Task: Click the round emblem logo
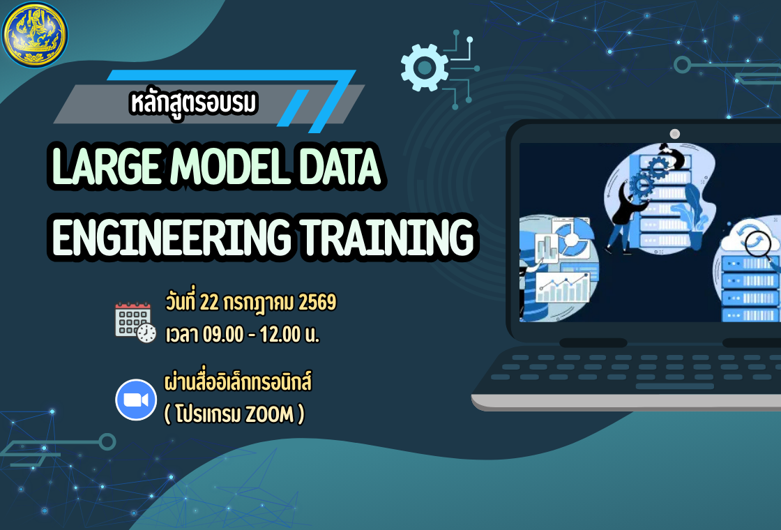[x=35, y=34]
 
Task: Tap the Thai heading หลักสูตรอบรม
[x=193, y=103]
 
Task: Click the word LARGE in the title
[x=105, y=167]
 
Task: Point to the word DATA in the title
[x=342, y=167]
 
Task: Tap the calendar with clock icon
[x=135, y=321]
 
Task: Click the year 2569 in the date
[x=317, y=303]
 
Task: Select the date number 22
[x=209, y=303]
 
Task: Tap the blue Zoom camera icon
[x=135, y=400]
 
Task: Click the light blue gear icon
[x=424, y=67]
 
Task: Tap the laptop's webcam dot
[x=674, y=133]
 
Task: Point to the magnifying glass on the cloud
[x=761, y=243]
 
